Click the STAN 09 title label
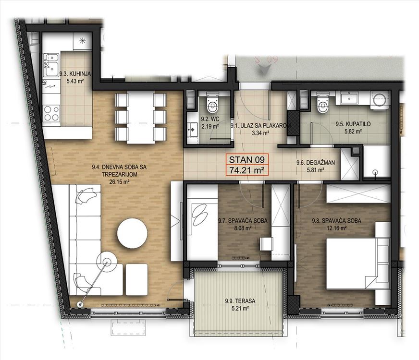coord(247,159)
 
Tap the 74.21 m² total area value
coord(247,170)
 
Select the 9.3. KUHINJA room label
coord(75,74)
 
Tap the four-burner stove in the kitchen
coord(51,113)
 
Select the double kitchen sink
coord(51,65)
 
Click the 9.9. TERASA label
coord(240,301)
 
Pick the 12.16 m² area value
coord(337,228)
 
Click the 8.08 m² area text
coord(243,228)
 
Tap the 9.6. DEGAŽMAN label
coord(316,162)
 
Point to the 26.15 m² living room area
coord(120,182)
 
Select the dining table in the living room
coord(141,118)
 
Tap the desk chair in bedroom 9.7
coord(266,244)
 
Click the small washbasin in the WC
coord(192,130)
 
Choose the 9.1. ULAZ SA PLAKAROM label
coord(260,125)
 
